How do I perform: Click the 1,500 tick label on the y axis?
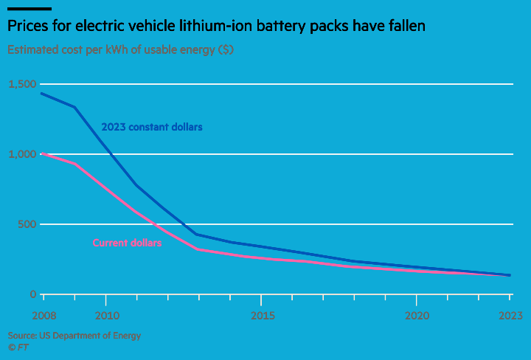click(22, 85)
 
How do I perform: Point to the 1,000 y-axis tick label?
click(22, 154)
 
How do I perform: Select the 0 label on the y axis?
click(32, 294)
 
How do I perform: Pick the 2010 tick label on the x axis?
click(106, 316)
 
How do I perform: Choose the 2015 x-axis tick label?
click(262, 316)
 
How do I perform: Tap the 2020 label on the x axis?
click(417, 316)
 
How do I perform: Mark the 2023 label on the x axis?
click(510, 316)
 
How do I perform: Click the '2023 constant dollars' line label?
click(152, 127)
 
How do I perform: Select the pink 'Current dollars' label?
click(127, 243)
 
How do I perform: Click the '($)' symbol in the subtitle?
click(226, 50)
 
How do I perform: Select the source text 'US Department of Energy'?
click(90, 336)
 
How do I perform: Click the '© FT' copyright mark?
click(18, 346)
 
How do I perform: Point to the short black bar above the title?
click(29, 9)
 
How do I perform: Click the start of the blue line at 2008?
click(43, 94)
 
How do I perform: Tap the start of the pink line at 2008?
click(43, 153)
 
